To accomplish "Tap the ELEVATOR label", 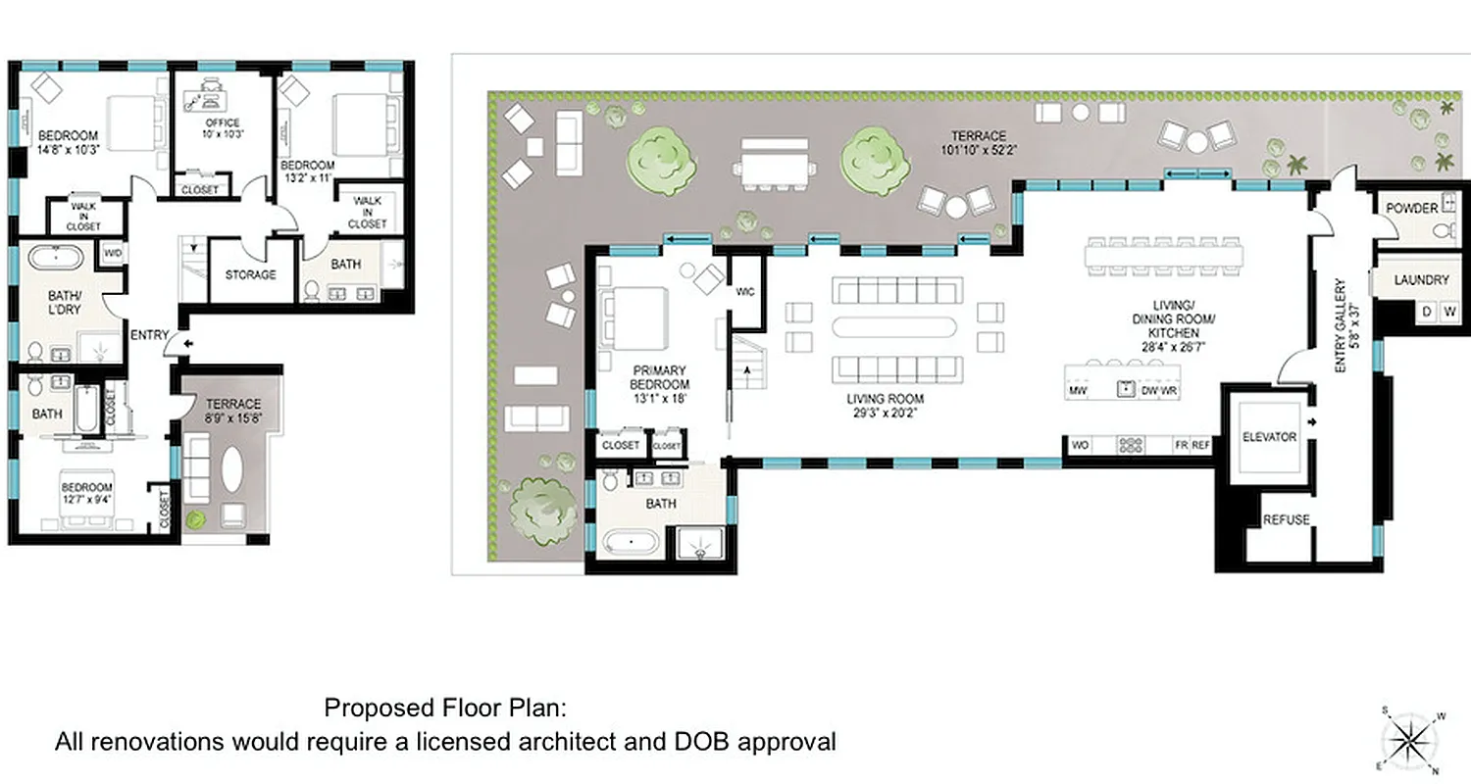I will coord(1269,437).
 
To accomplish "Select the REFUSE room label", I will coord(1285,519).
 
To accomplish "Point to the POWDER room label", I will coord(1411,208).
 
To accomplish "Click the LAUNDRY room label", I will coord(1421,280).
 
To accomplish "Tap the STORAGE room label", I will coord(250,275).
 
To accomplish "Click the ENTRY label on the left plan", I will coord(150,335).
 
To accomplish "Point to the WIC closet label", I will coord(745,291).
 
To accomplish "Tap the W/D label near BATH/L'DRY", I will coord(113,254).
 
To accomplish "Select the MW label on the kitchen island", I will coord(1077,391).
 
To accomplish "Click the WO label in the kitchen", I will coord(1080,445).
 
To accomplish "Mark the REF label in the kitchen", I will coord(1201,445).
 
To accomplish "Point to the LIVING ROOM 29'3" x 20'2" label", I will coord(886,406).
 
